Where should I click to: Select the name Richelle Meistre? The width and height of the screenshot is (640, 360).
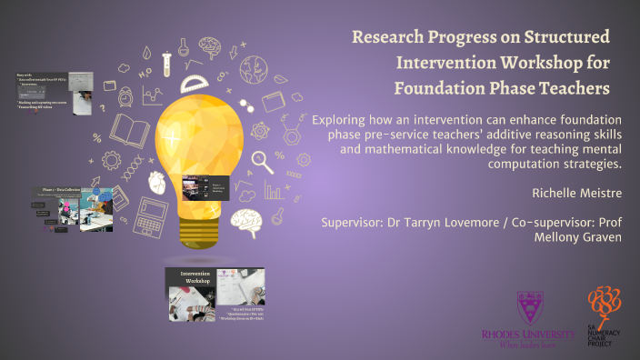pos(568,193)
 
